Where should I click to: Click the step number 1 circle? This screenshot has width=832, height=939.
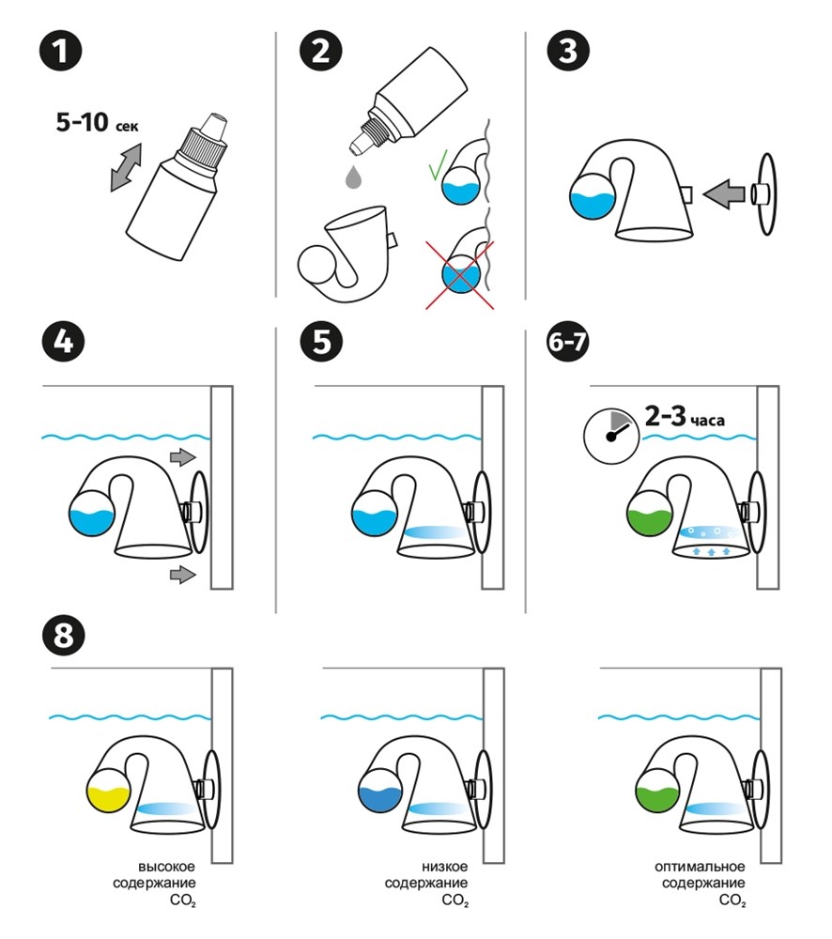click(x=60, y=51)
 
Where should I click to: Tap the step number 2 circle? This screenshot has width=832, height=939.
click(x=320, y=51)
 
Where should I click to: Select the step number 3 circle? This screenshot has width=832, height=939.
click(x=568, y=51)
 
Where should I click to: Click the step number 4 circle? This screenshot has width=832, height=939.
click(x=64, y=342)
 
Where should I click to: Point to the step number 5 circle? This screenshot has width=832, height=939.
click(x=322, y=342)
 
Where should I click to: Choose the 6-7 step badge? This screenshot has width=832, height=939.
click(x=568, y=342)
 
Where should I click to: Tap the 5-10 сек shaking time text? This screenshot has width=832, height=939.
click(x=97, y=123)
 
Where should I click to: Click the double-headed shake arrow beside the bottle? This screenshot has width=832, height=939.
click(x=126, y=168)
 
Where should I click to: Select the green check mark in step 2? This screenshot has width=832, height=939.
click(x=438, y=166)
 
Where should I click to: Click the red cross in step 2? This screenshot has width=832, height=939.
click(x=460, y=275)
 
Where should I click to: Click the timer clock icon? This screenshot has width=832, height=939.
click(x=611, y=436)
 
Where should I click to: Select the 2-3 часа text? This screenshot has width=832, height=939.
click(x=685, y=416)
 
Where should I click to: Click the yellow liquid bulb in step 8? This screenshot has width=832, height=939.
click(x=108, y=791)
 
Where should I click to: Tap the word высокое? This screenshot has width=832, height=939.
click(x=166, y=867)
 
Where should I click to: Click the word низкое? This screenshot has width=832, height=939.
click(x=444, y=867)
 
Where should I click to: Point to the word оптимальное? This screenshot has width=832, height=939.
click(x=700, y=867)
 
